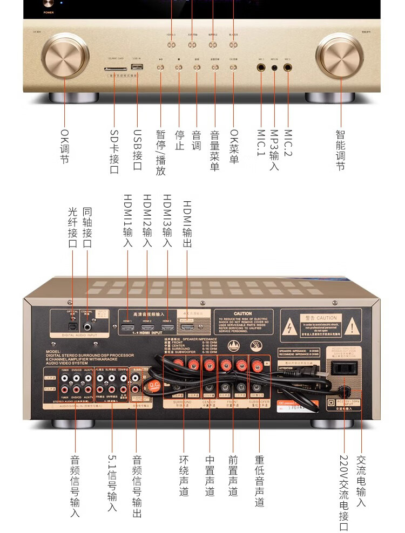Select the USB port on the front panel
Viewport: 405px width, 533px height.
[137, 67]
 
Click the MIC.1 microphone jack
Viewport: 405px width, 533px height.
[261, 69]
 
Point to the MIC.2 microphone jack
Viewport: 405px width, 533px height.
[287, 69]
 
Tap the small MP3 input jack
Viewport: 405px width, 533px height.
[274, 69]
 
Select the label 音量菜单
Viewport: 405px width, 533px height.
[215, 150]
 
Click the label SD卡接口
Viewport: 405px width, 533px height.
[114, 152]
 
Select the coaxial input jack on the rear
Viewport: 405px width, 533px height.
[87, 326]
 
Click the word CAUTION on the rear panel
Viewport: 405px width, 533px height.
[242, 313]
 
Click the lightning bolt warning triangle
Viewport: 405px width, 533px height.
[291, 327]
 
